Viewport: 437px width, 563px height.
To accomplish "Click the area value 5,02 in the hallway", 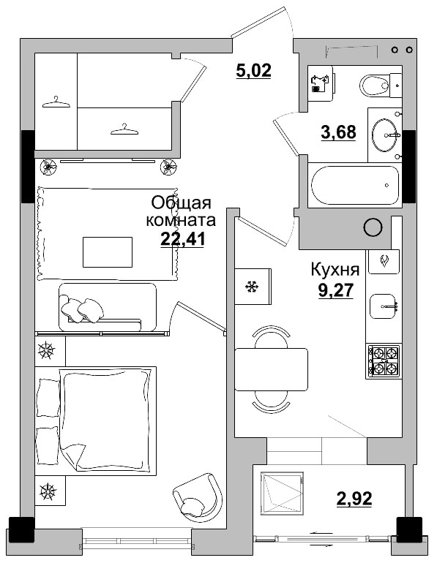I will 253,71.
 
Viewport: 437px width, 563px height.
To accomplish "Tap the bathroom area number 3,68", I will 339,132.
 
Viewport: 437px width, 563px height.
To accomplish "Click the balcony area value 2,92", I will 354,499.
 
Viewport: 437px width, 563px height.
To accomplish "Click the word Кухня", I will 335,269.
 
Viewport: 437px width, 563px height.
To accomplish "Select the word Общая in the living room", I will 181,203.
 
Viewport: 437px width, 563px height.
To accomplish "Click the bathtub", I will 354,187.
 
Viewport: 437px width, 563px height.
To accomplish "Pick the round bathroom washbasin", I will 385,134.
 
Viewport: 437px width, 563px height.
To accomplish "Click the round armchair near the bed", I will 195,496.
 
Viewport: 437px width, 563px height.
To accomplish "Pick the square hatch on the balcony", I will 282,496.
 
